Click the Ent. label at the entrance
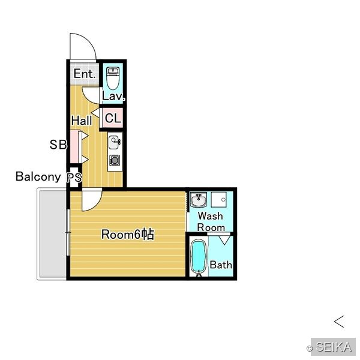coord(84,74)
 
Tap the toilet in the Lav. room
coord(113,78)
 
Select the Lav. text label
coord(113,96)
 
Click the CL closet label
coord(113,118)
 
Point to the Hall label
coord(82,121)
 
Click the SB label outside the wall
coord(58,145)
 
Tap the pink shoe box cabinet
coord(74,147)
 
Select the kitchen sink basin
coord(114,142)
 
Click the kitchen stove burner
coord(115,160)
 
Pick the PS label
coord(74,177)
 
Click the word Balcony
coord(38,176)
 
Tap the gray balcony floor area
coord(53,234)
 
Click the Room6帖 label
coord(128,235)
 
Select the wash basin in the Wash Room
coord(199,200)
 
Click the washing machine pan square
coord(219,200)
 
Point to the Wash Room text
coord(211,221)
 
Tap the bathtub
coord(199,257)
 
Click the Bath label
coord(221,265)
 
